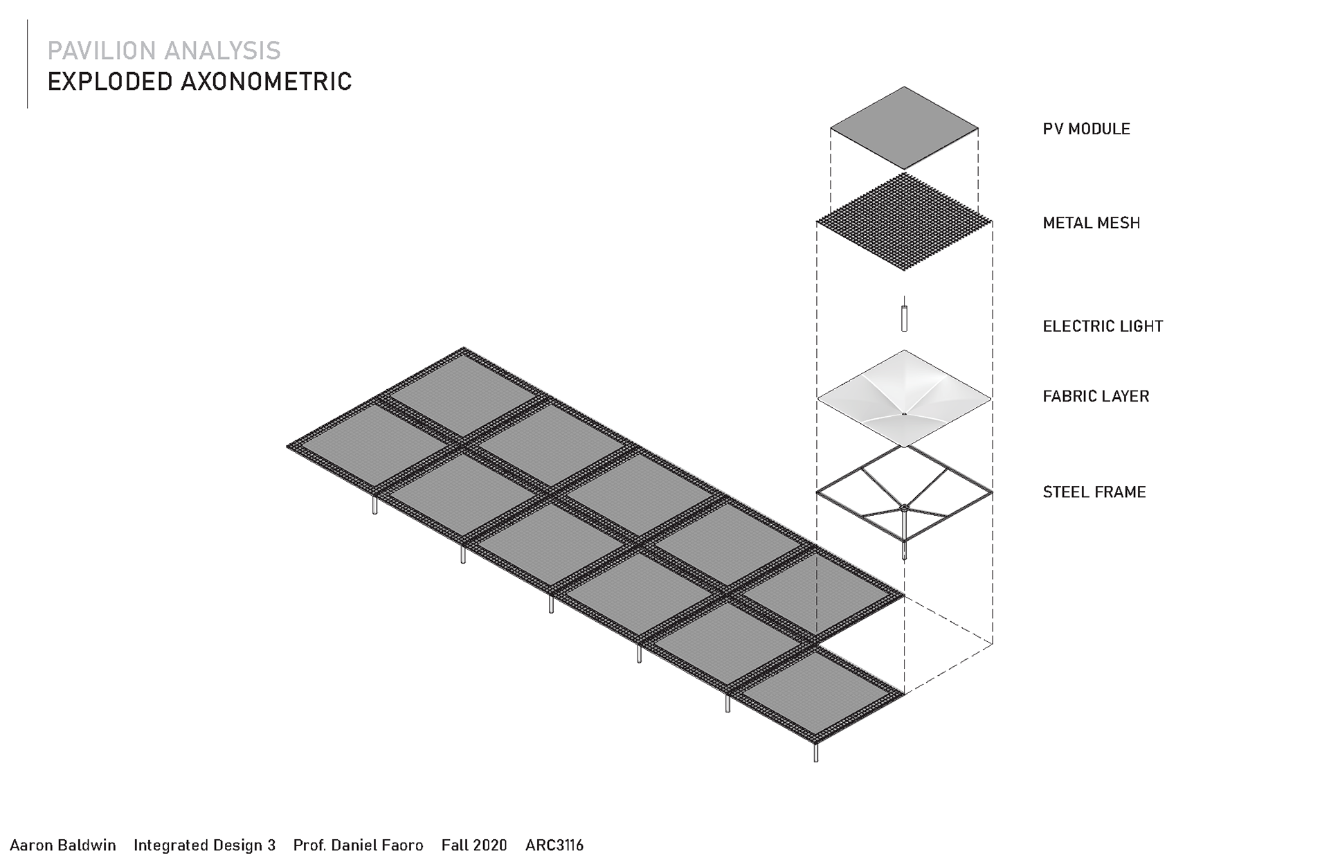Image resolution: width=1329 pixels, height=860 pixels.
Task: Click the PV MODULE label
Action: (x=1086, y=129)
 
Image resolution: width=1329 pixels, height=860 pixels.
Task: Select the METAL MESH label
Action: (x=1091, y=223)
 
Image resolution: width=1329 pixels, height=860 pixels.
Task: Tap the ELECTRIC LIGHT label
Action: (x=1103, y=326)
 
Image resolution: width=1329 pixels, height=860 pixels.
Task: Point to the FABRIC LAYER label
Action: (x=1096, y=396)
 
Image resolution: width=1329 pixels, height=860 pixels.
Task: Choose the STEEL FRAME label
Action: (x=1094, y=492)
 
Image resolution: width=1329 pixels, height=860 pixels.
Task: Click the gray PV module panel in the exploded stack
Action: (x=904, y=128)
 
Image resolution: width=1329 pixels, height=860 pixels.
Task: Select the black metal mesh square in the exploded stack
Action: (x=904, y=222)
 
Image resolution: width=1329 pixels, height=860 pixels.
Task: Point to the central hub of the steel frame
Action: (x=904, y=508)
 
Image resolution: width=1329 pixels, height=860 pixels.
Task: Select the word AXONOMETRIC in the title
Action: (x=266, y=82)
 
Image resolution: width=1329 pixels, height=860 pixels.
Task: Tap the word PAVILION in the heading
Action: (x=101, y=51)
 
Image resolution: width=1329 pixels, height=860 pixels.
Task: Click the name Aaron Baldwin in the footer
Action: (x=63, y=845)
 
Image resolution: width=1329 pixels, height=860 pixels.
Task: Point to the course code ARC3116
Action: (x=554, y=845)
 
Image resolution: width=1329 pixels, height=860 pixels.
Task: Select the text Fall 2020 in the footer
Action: (x=474, y=845)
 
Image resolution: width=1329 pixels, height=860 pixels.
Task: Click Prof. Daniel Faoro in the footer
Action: (x=358, y=845)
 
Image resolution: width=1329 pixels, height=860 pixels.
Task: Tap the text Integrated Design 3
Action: (x=204, y=845)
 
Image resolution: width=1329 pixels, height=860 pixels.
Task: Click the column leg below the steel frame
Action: (x=904, y=548)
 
